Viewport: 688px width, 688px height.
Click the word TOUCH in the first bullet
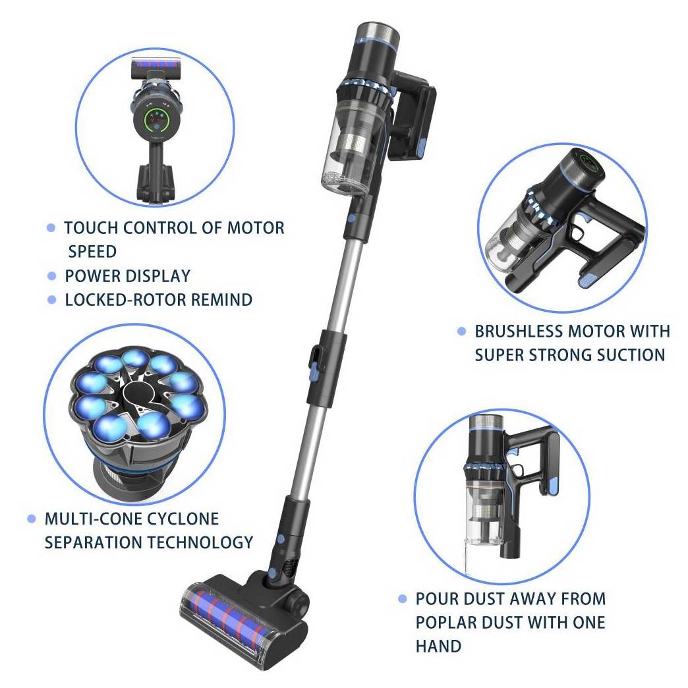[x=91, y=228]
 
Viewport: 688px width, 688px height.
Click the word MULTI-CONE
[x=92, y=519]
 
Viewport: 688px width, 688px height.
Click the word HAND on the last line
[x=438, y=646]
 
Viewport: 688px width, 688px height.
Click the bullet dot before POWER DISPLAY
[x=52, y=276]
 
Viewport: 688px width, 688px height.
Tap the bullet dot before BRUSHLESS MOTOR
[x=461, y=331]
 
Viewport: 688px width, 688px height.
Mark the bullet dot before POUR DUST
[x=403, y=598]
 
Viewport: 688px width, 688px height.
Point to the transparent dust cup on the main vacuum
[x=349, y=148]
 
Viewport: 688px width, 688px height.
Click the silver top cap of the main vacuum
[x=378, y=32]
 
